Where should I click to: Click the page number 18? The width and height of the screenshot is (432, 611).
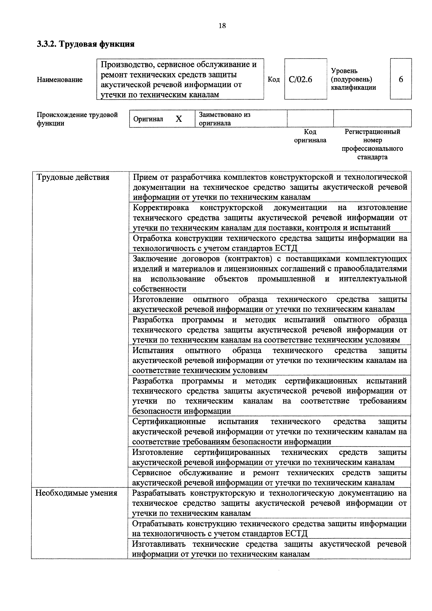pos(222,26)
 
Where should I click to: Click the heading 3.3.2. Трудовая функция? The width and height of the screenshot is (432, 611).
pos(86,44)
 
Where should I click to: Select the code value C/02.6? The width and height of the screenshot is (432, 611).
pos(300,79)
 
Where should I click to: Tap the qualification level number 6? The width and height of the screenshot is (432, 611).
pos(401,79)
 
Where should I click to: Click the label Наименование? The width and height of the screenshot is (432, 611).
pos(60,80)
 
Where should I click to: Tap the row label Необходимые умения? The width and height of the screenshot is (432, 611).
pos(76,493)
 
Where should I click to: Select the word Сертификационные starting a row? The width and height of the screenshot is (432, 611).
pos(169,421)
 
